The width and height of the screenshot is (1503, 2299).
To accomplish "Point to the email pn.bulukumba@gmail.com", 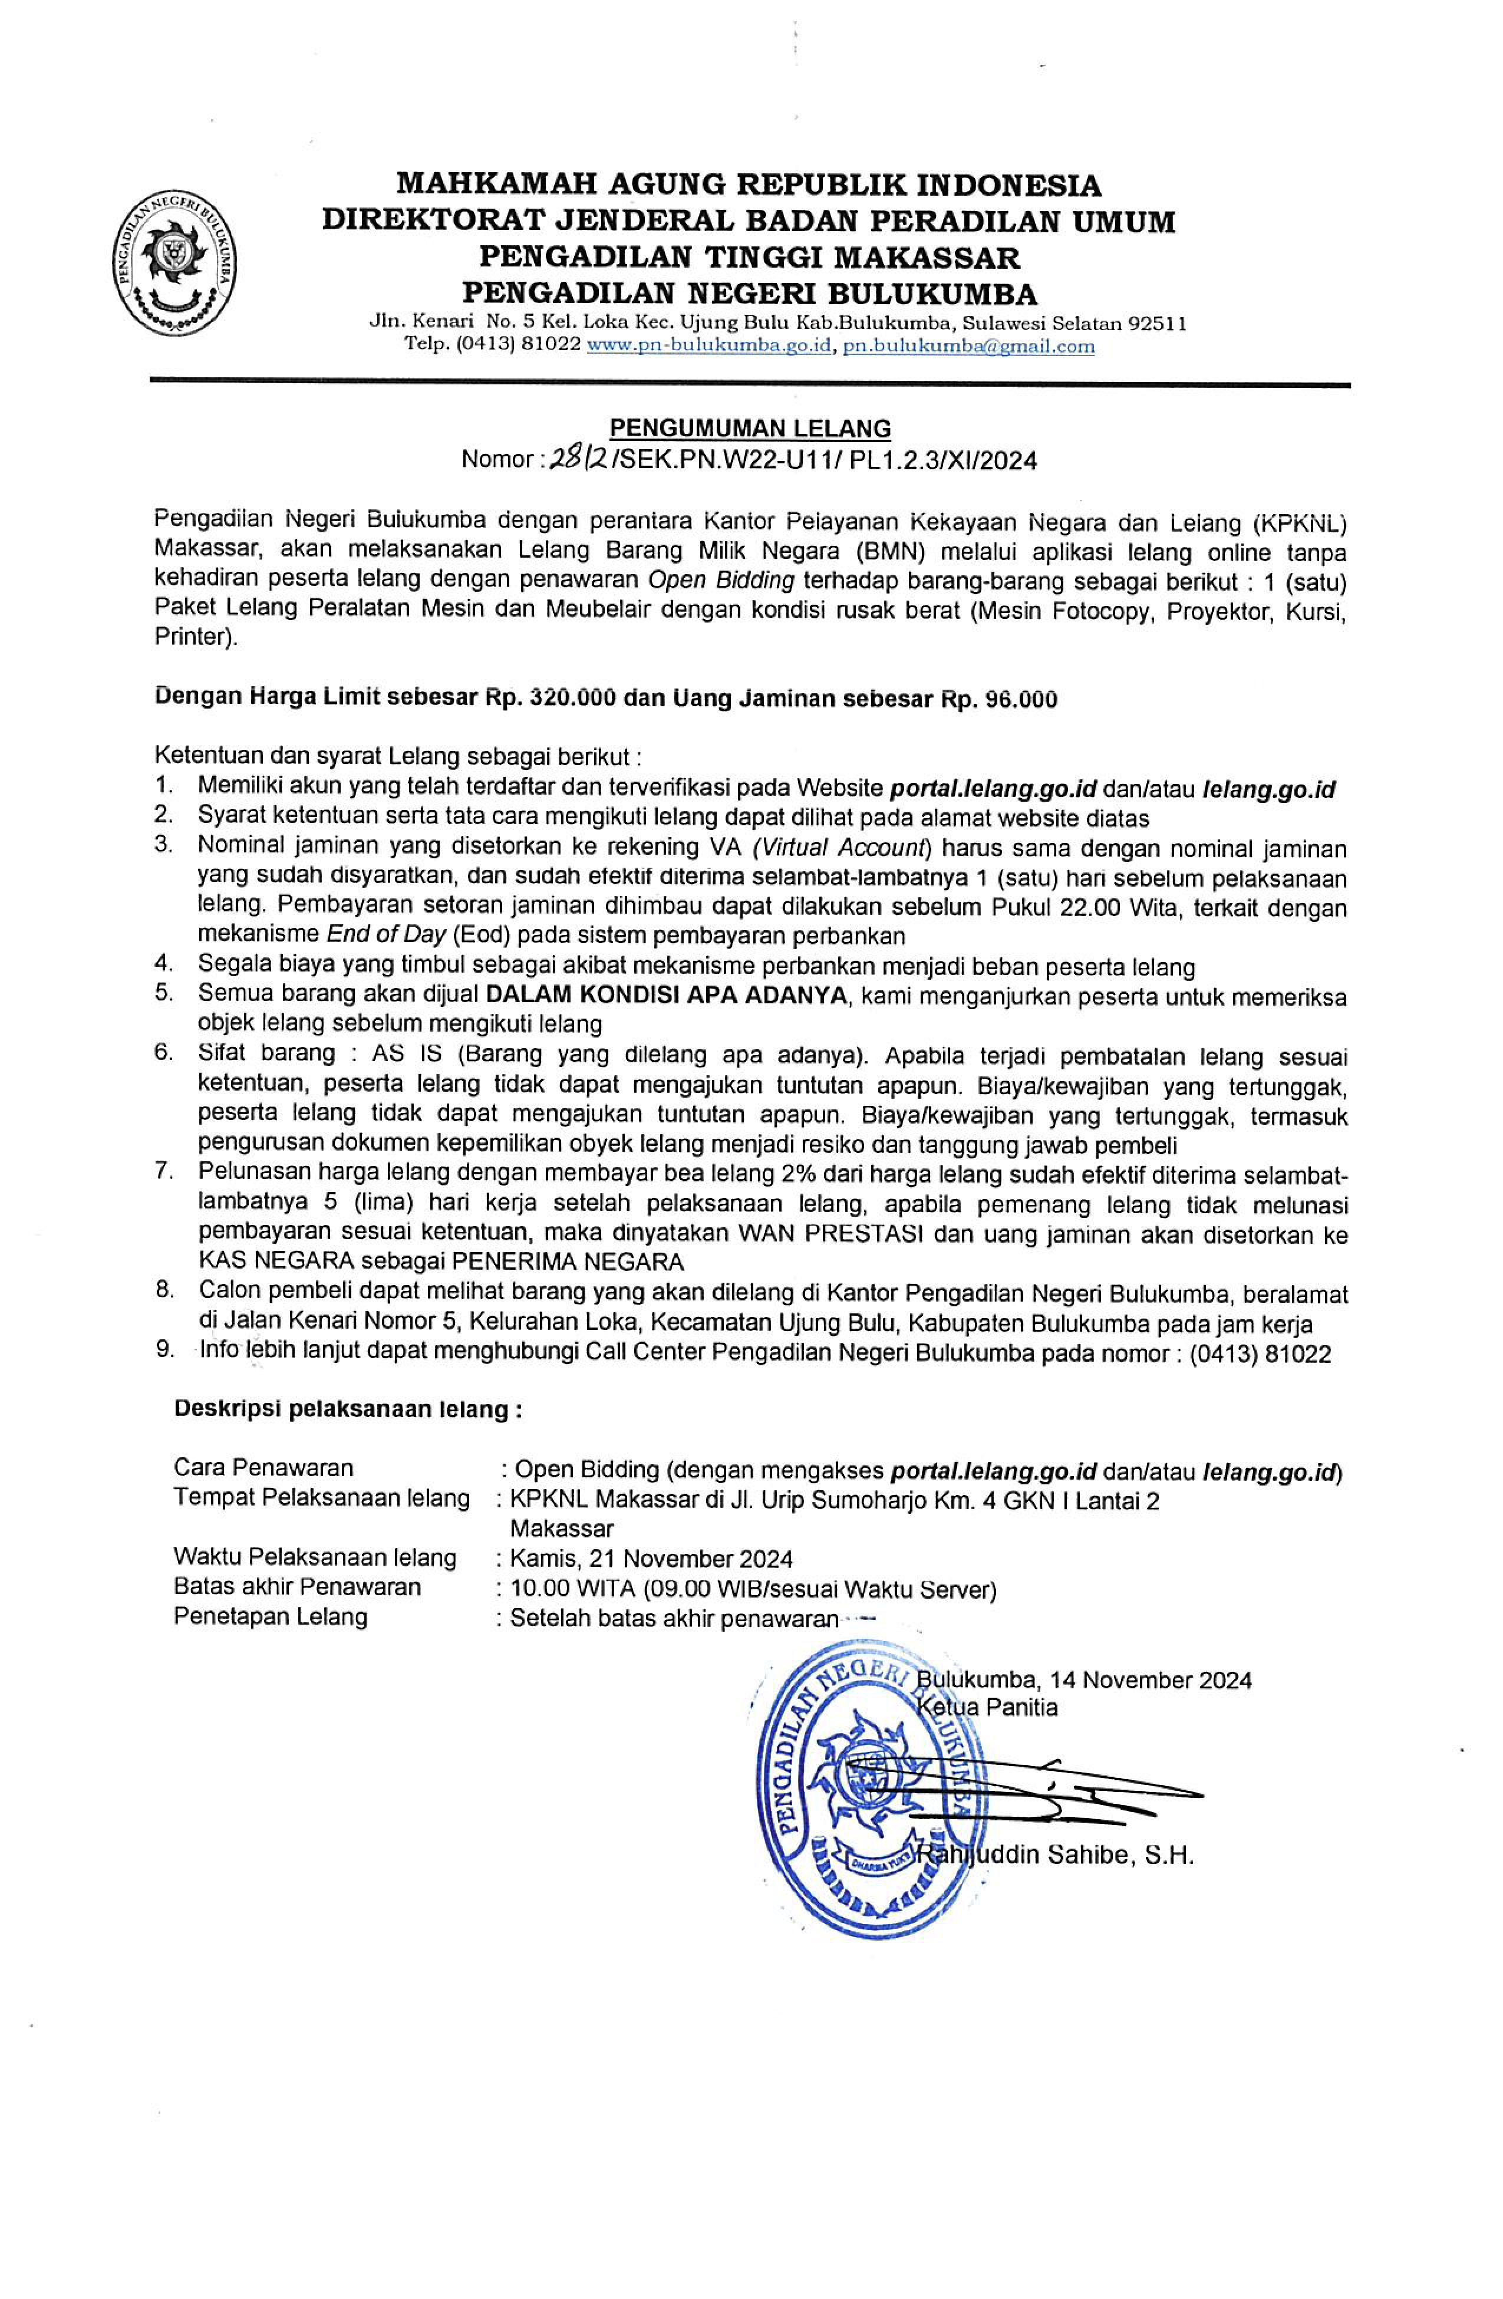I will coord(969,346).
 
